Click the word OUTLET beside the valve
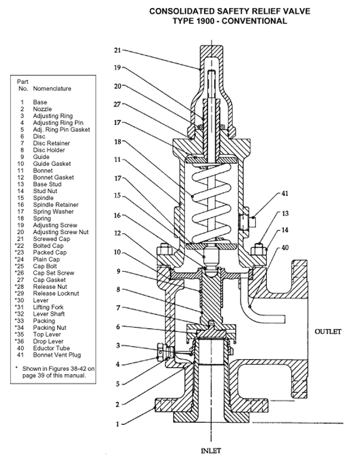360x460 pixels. pyautogui.click(x=327, y=331)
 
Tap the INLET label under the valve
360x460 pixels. pyautogui.click(x=211, y=450)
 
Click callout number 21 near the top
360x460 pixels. pyautogui.click(x=117, y=50)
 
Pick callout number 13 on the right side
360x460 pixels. pyautogui.click(x=286, y=213)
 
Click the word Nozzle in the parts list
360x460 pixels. pyautogui.click(x=42, y=109)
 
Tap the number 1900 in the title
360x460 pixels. pyautogui.click(x=217, y=21)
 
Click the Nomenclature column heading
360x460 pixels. pyautogui.click(x=52, y=88)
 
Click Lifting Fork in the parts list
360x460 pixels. pyautogui.click(x=48, y=307)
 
